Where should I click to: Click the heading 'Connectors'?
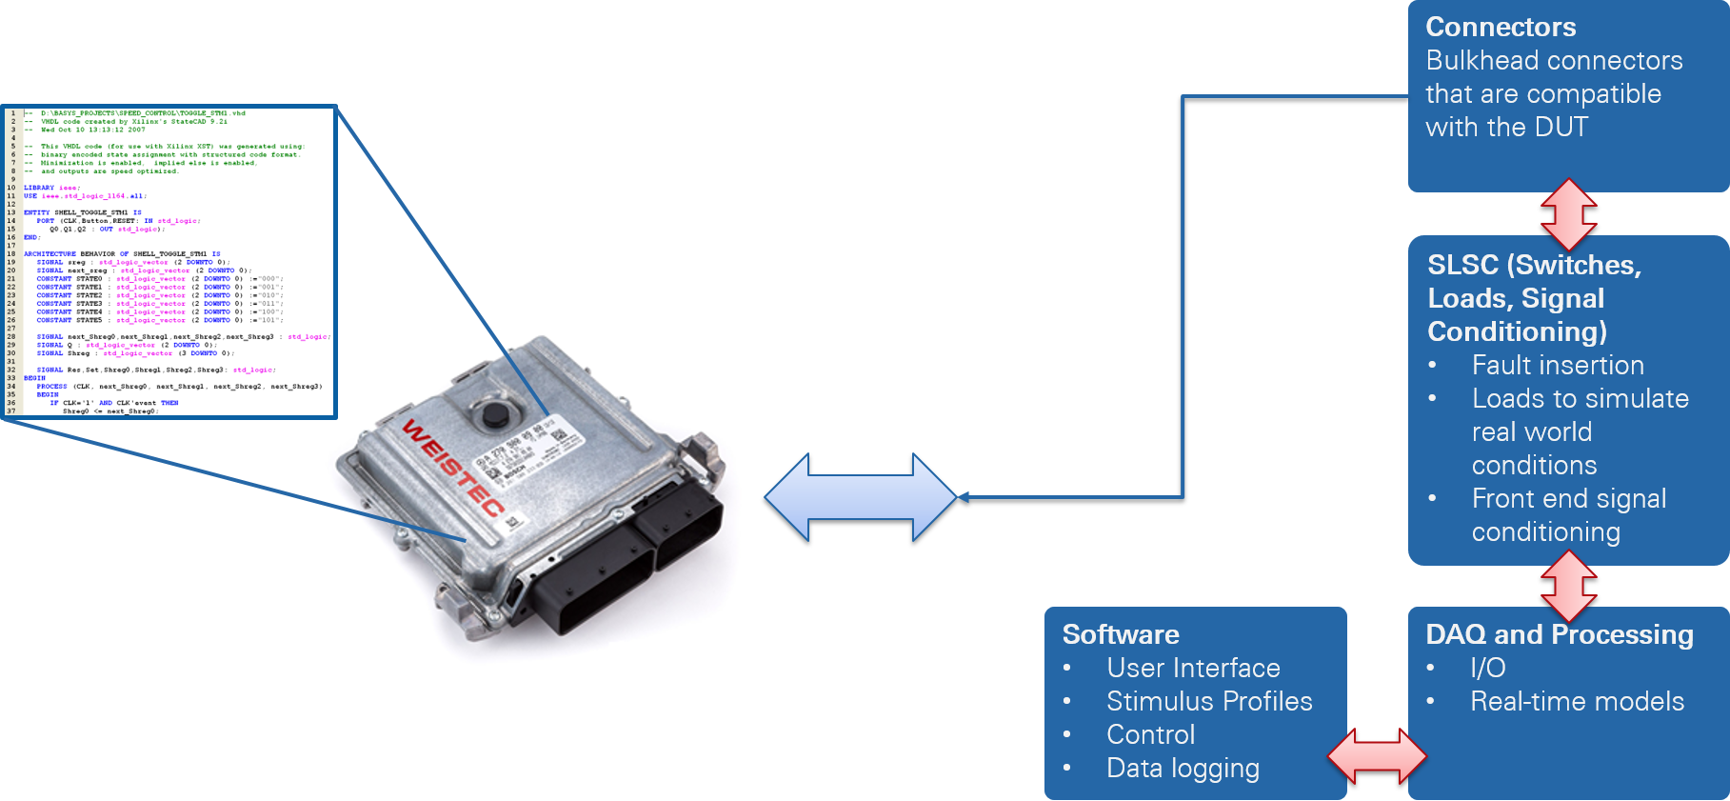1501,28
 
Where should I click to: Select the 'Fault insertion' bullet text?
1558,366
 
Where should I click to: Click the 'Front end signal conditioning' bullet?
1568,515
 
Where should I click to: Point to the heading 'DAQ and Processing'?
1559,635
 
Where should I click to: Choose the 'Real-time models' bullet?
1577,702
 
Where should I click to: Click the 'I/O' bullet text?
1488,669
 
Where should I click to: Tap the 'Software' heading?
1121,635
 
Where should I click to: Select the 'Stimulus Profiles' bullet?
1209,702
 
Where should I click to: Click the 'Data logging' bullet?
1183,769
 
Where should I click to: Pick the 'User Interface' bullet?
1193,669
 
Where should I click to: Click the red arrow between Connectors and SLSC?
1568,214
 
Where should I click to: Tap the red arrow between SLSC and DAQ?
1568,587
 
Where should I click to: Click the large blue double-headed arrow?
860,497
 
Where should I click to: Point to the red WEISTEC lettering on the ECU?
453,467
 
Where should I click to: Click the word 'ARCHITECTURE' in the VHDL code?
50,254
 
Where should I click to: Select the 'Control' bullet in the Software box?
1150,735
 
